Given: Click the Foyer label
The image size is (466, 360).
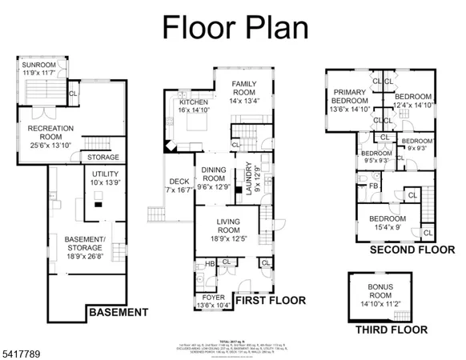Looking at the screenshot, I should pos(213,299).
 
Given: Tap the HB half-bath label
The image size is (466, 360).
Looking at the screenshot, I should pos(209,263).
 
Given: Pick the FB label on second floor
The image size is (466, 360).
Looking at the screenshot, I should pos(374,186).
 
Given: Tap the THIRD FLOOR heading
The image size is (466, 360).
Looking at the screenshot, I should pos(391,329).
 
